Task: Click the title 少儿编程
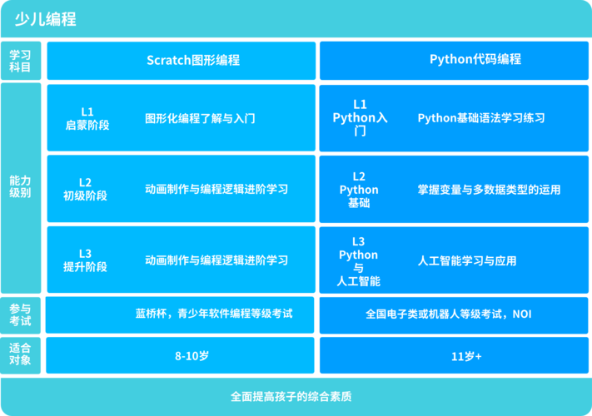[x=45, y=19]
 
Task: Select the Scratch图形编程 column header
[x=193, y=61]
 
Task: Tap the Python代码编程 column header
[x=475, y=59]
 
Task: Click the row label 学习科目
[x=20, y=61]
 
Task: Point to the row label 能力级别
[x=20, y=186]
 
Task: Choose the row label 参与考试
[x=20, y=315]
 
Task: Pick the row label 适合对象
[x=20, y=354]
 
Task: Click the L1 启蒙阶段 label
[x=87, y=118]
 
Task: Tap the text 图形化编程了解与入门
[x=200, y=119]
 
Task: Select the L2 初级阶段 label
[x=85, y=190]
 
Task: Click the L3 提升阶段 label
[x=85, y=260]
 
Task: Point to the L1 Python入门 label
[x=360, y=117]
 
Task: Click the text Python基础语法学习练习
[x=481, y=118]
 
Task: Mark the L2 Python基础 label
[x=359, y=190]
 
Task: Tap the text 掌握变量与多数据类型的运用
[x=489, y=190]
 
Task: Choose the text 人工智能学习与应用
[x=467, y=261]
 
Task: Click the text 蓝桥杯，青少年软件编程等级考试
[x=214, y=314]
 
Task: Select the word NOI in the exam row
[x=522, y=314]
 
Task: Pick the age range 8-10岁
[x=192, y=355]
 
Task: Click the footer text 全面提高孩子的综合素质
[x=291, y=397]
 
